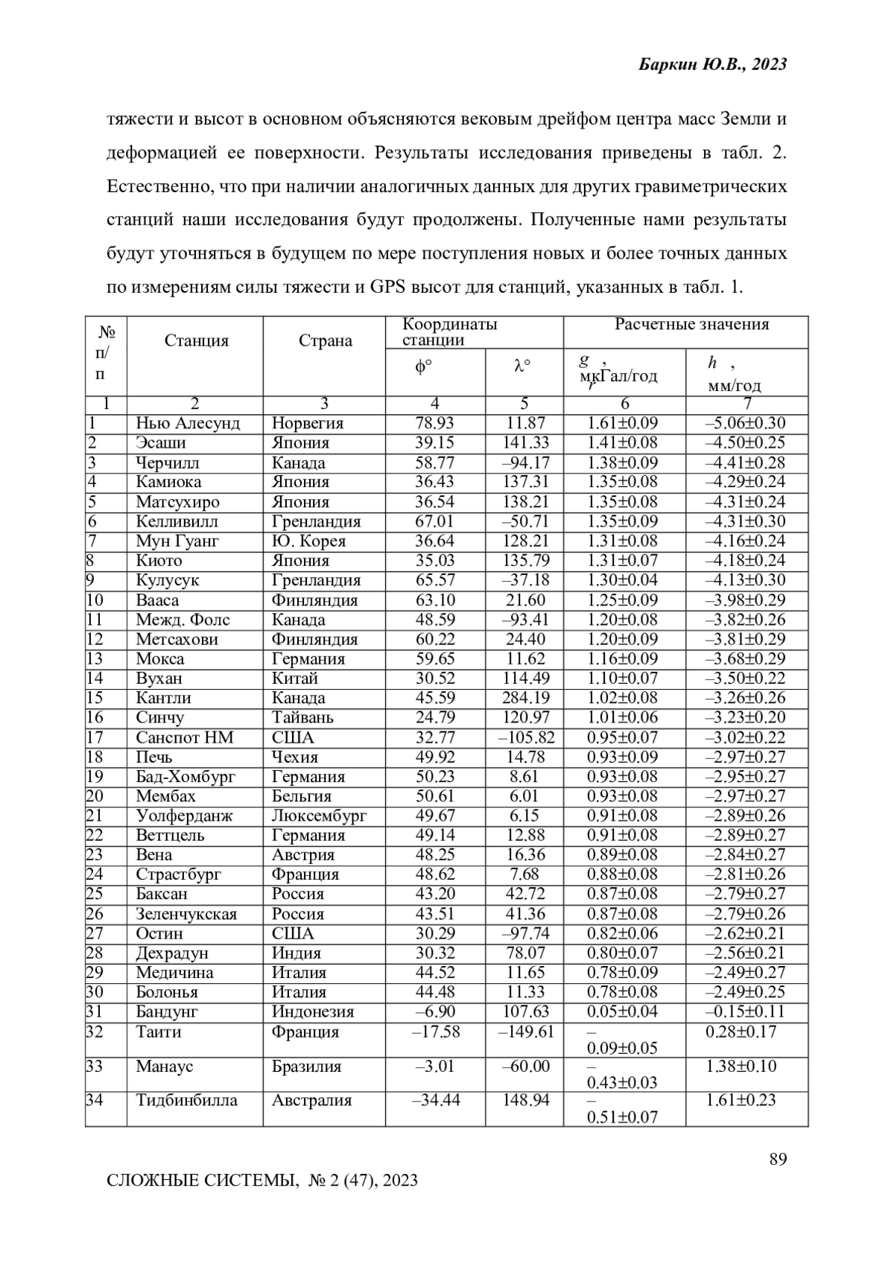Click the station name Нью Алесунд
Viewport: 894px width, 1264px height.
pyautogui.click(x=188, y=424)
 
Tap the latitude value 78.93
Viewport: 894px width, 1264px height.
pyautogui.click(x=434, y=424)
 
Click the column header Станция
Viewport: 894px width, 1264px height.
pyautogui.click(x=196, y=341)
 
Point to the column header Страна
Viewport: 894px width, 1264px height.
pyautogui.click(x=325, y=341)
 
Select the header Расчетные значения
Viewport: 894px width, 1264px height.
pyautogui.click(x=691, y=325)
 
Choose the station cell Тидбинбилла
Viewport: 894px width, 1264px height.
pyautogui.click(x=186, y=1101)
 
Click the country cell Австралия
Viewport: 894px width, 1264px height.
pyautogui.click(x=311, y=1101)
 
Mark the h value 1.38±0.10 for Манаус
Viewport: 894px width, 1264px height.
pyautogui.click(x=741, y=1067)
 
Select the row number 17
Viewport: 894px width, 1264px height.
pyautogui.click(x=95, y=738)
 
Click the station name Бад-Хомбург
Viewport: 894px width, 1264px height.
pyautogui.click(x=186, y=777)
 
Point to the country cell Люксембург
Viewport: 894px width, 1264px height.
pyautogui.click(x=319, y=816)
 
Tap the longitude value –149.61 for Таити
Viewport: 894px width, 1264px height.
pyautogui.click(x=526, y=1032)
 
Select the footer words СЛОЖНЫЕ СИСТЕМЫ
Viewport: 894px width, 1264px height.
pyautogui.click(x=201, y=1181)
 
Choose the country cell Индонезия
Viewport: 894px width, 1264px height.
pyautogui.click(x=313, y=1012)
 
